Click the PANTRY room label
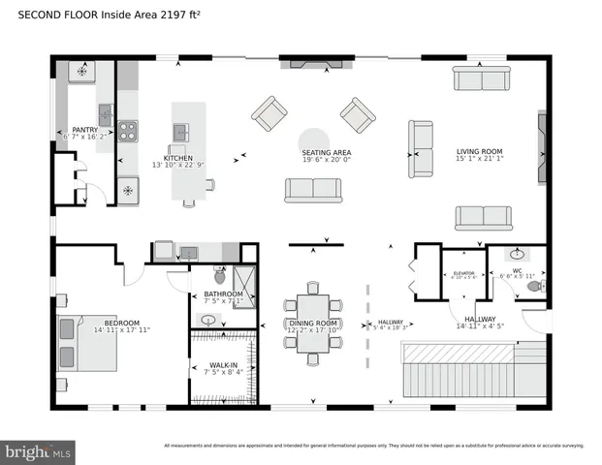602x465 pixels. (x=85, y=130)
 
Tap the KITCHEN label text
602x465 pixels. (x=177, y=158)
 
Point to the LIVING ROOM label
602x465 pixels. (x=481, y=152)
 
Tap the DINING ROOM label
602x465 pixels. (x=312, y=323)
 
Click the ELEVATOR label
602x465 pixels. (x=463, y=273)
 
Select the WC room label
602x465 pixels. (x=517, y=270)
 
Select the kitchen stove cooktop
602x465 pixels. (x=128, y=131)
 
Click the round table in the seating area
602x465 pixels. (x=313, y=139)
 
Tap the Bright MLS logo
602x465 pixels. (x=39, y=451)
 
